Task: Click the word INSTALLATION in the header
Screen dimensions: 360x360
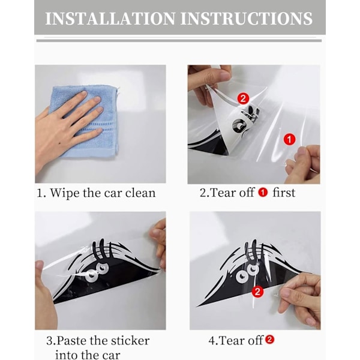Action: [110, 19]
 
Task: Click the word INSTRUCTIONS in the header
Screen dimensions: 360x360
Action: [247, 19]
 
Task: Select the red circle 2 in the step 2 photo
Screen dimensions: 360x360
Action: [243, 99]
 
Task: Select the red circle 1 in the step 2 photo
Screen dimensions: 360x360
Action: [290, 139]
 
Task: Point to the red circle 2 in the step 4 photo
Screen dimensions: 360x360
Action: [257, 292]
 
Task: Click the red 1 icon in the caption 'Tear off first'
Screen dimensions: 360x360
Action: [263, 193]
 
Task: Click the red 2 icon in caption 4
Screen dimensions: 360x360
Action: [270, 340]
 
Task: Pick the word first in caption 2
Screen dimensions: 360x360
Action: [284, 193]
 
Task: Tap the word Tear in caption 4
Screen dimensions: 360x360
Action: [230, 340]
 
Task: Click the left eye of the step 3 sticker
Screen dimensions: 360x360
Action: [91, 275]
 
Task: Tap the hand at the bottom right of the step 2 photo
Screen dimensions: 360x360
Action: [303, 164]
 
